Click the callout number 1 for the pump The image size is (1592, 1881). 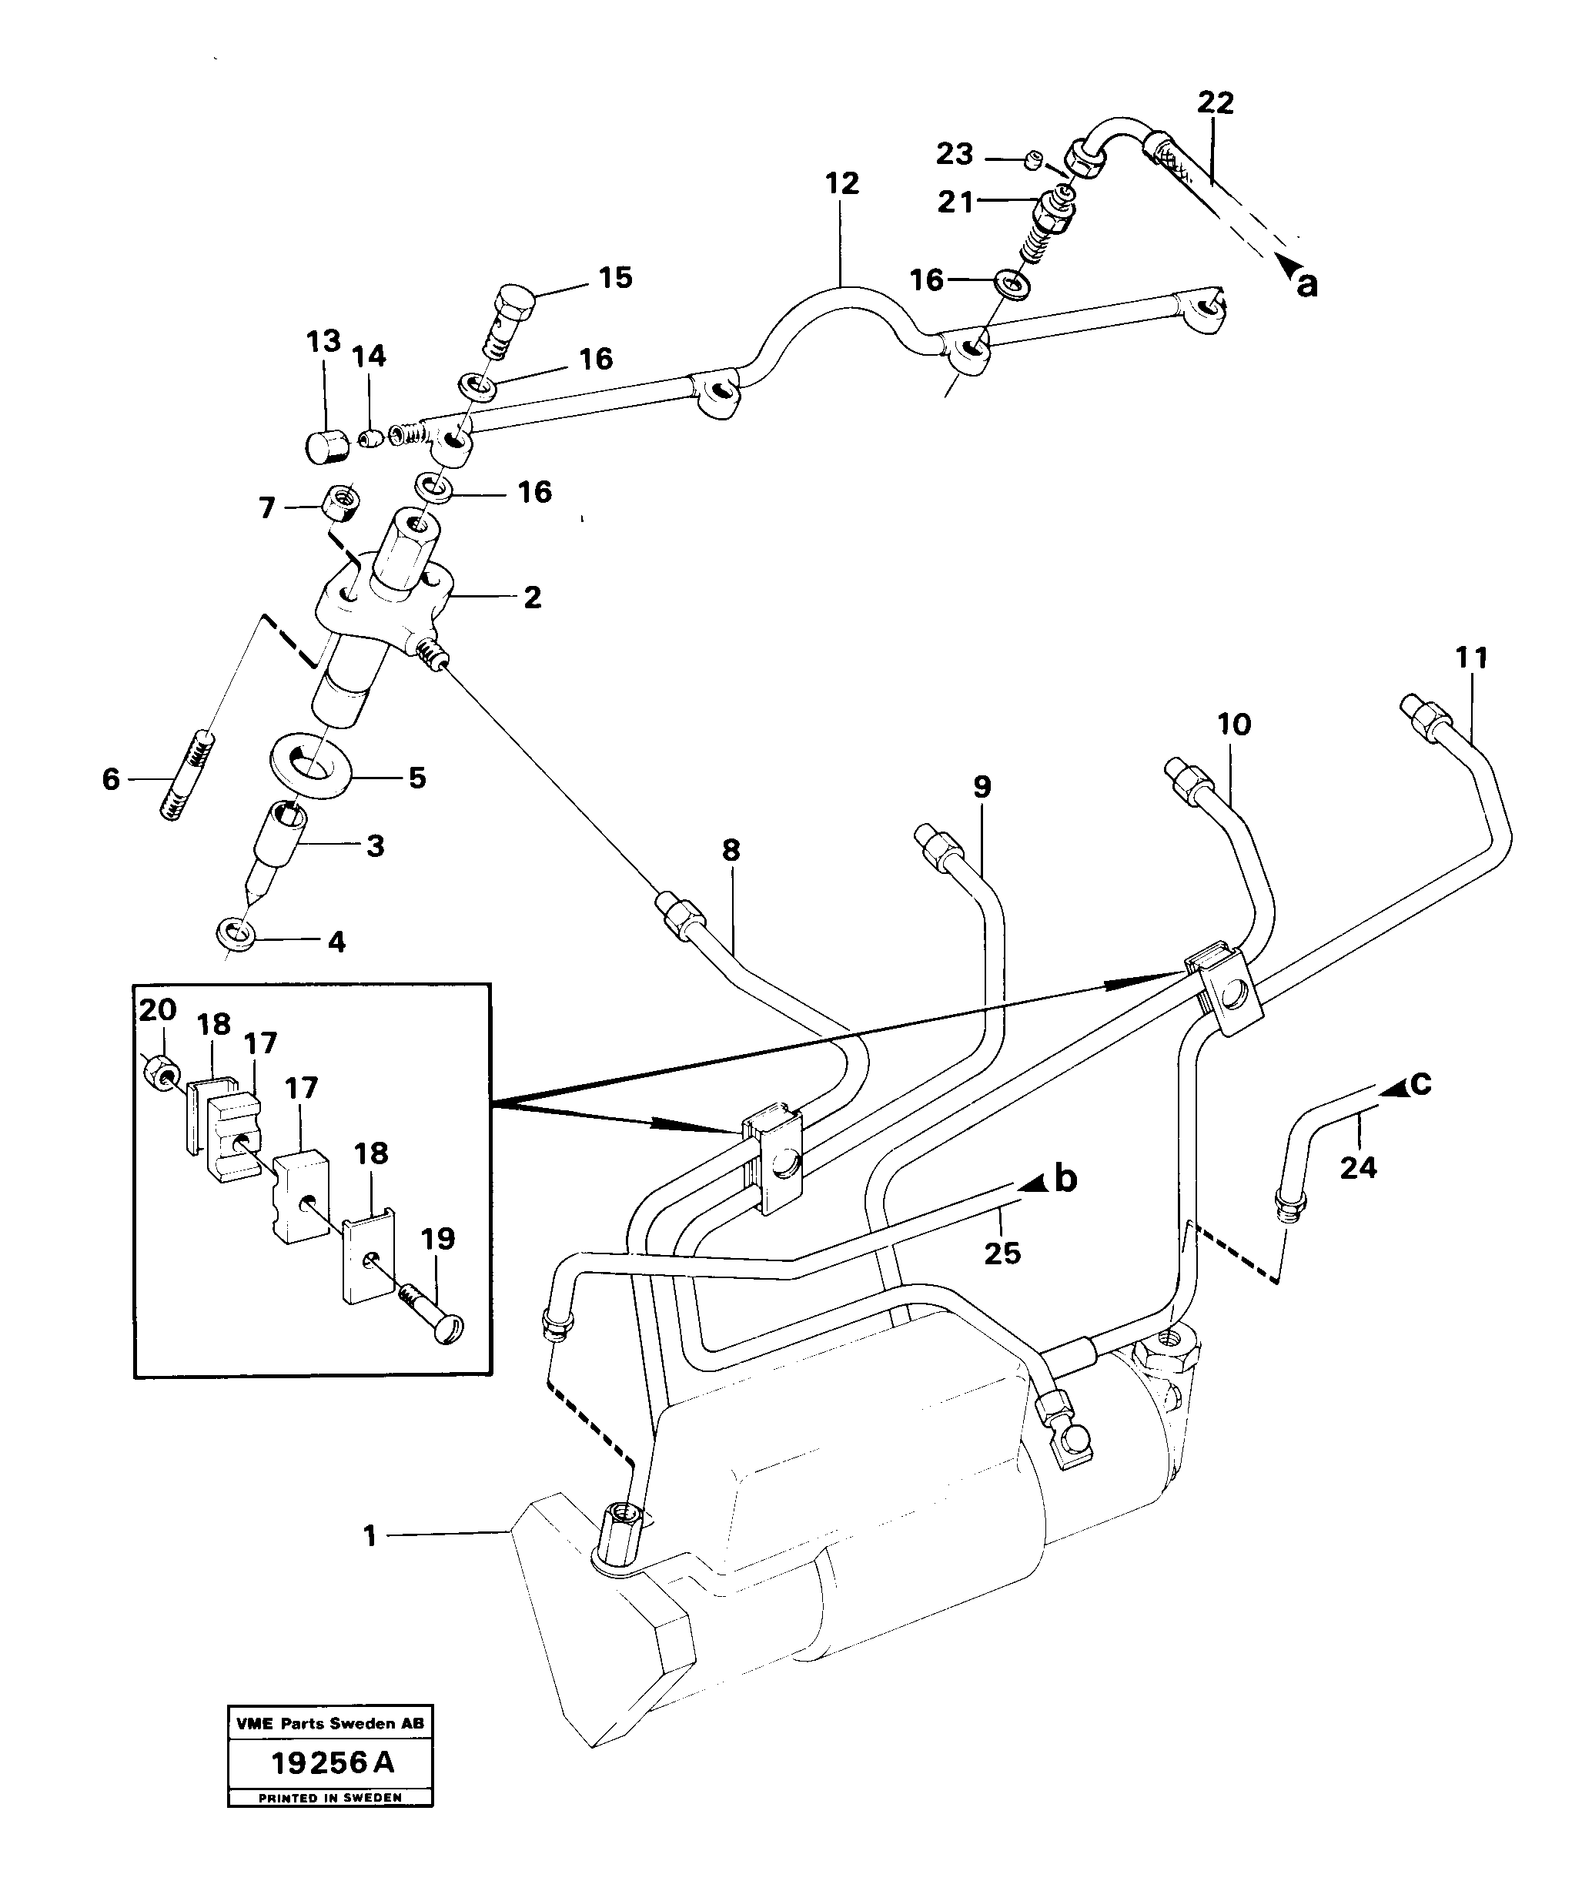369,1536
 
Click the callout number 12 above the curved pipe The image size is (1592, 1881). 841,183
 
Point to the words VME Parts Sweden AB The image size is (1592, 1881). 329,1723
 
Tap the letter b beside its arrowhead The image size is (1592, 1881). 1066,1180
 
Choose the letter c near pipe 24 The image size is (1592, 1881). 1420,1083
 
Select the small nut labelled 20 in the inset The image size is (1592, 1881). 158,1073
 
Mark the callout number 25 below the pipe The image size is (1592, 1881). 1002,1253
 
